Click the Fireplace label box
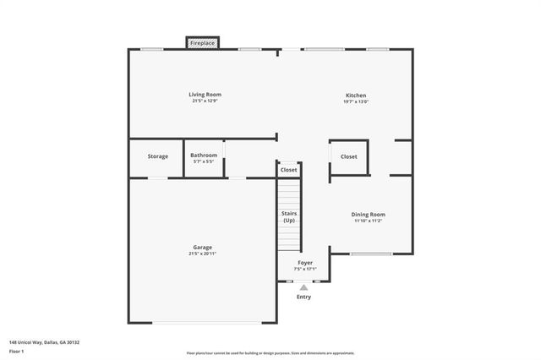tap(203, 42)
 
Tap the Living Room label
tap(205, 95)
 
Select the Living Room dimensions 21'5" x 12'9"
tap(205, 101)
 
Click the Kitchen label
tap(356, 95)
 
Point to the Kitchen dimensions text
tap(356, 102)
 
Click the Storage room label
tap(158, 156)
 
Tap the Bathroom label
tap(204, 155)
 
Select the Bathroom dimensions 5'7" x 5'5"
tap(204, 161)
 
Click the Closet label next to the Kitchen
tap(349, 156)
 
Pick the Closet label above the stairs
tap(289, 170)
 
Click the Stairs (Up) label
tap(289, 217)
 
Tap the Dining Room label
tap(369, 215)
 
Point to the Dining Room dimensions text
tap(369, 221)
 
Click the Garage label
tap(202, 248)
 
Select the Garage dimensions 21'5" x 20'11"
tap(202, 254)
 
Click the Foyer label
tap(304, 263)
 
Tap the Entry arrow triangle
tap(304, 287)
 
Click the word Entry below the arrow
tap(304, 297)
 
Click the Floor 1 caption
tap(18, 352)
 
